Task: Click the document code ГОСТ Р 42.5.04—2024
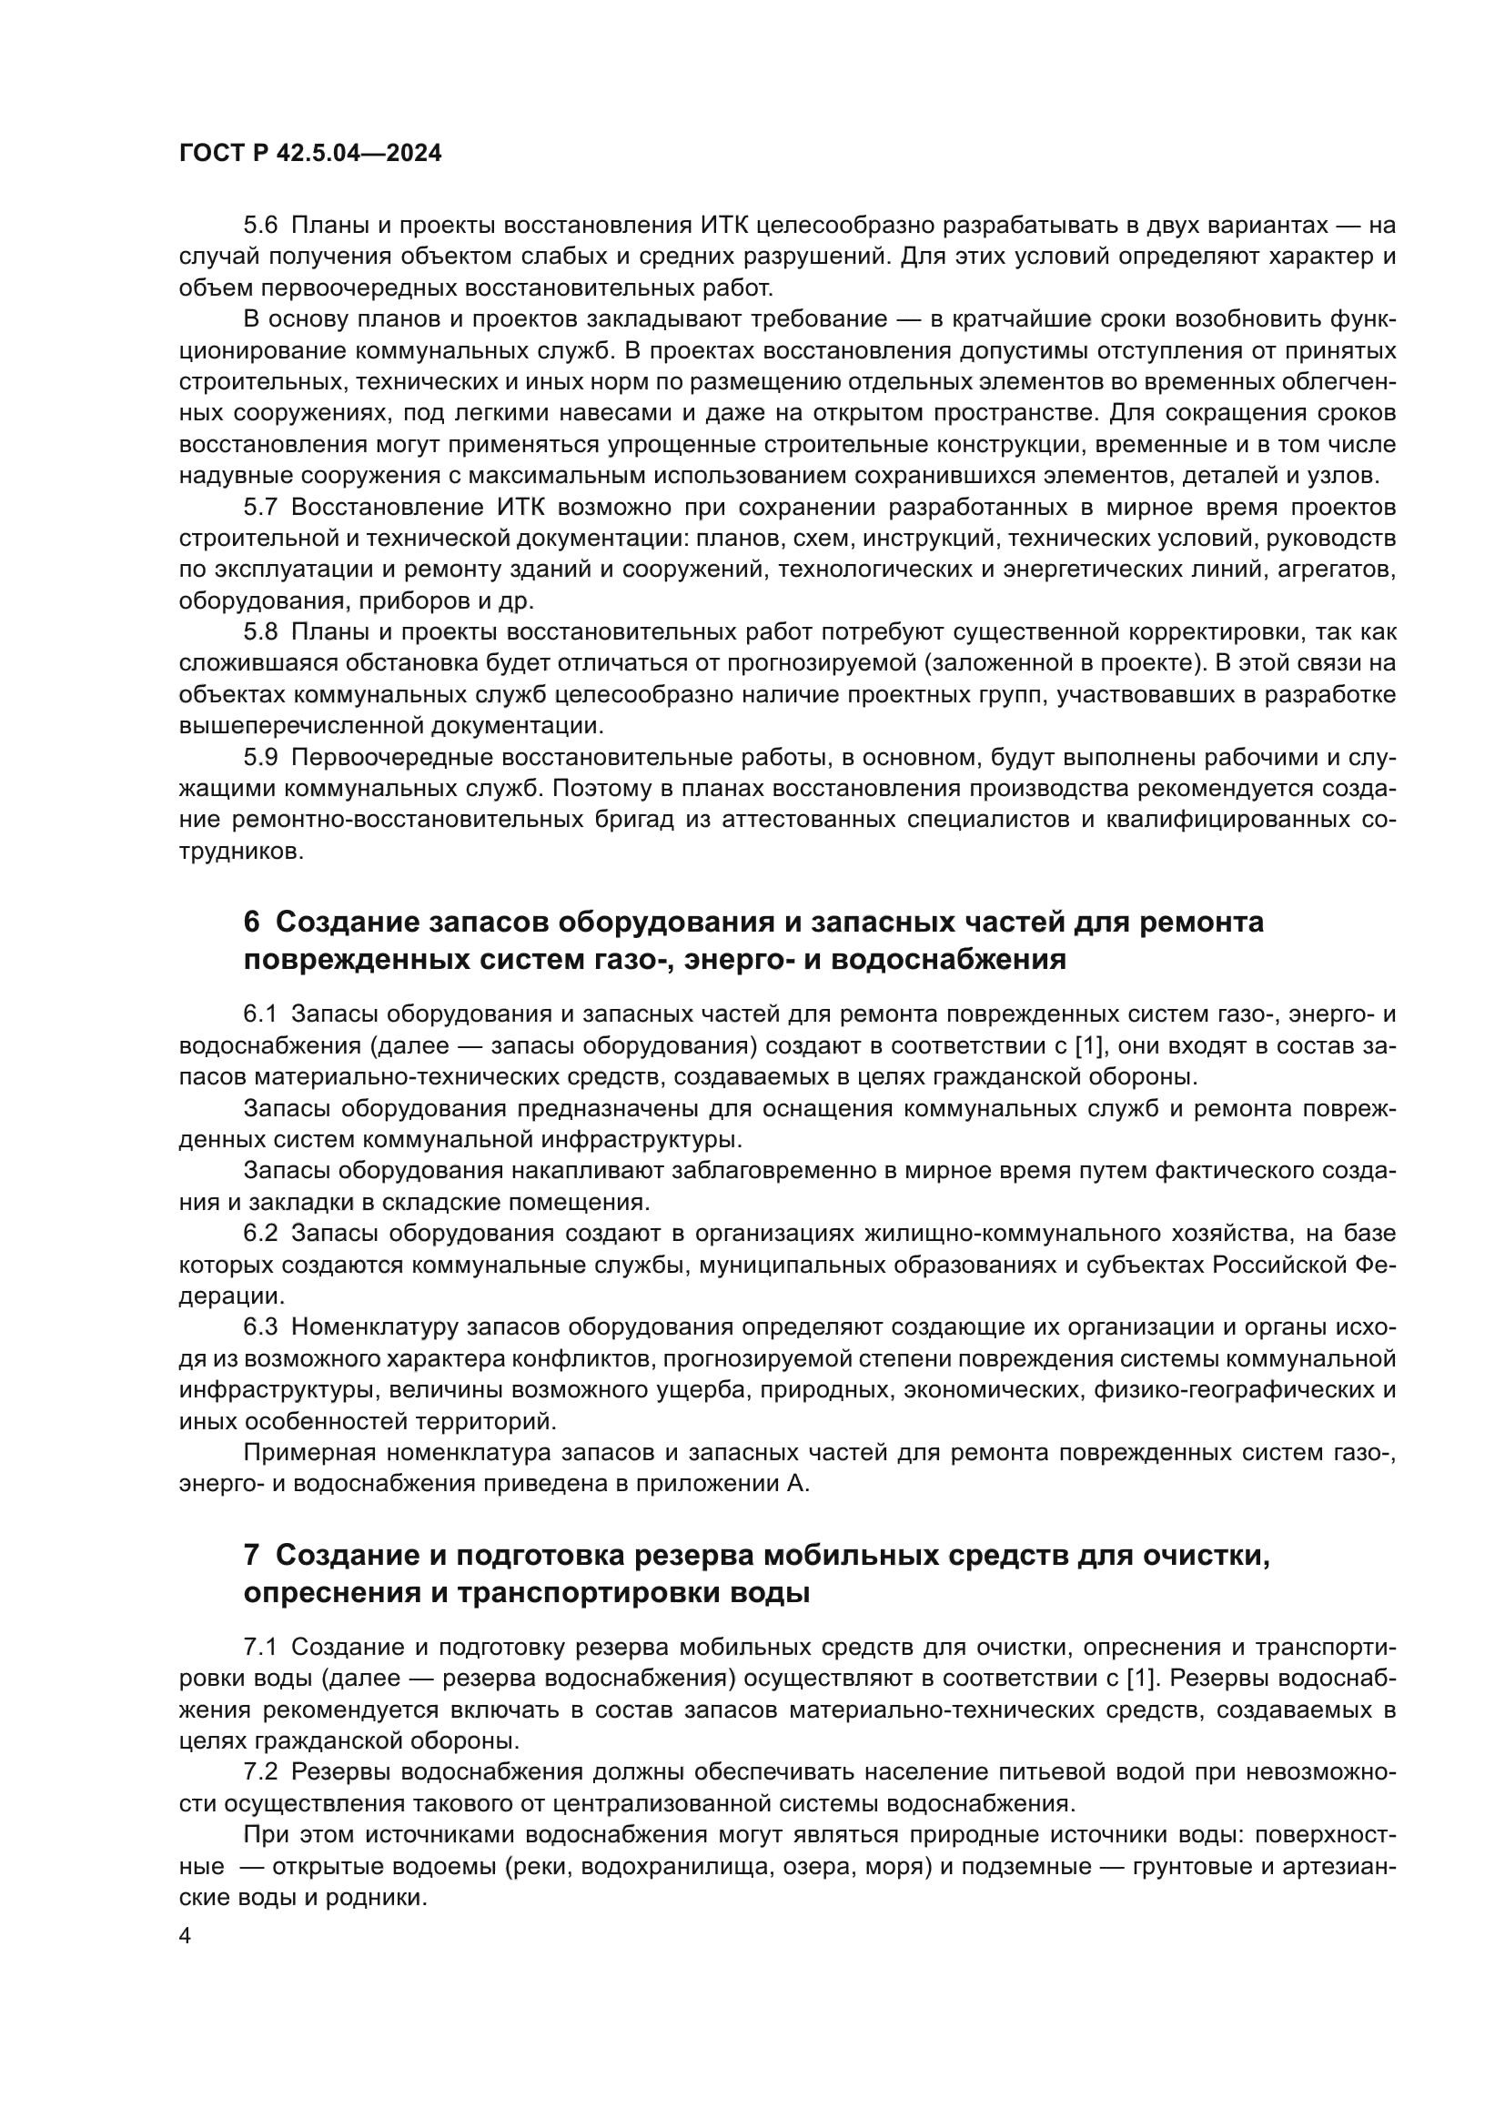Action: click(x=309, y=154)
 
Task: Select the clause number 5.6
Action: click(x=260, y=226)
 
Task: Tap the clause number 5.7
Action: click(x=260, y=507)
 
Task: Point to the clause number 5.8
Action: click(x=260, y=632)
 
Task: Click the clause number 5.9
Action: click(x=260, y=757)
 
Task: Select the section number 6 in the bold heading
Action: click(x=251, y=923)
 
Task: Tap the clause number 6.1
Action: click(x=260, y=1015)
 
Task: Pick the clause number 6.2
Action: click(x=260, y=1234)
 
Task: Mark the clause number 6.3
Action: click(x=260, y=1327)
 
